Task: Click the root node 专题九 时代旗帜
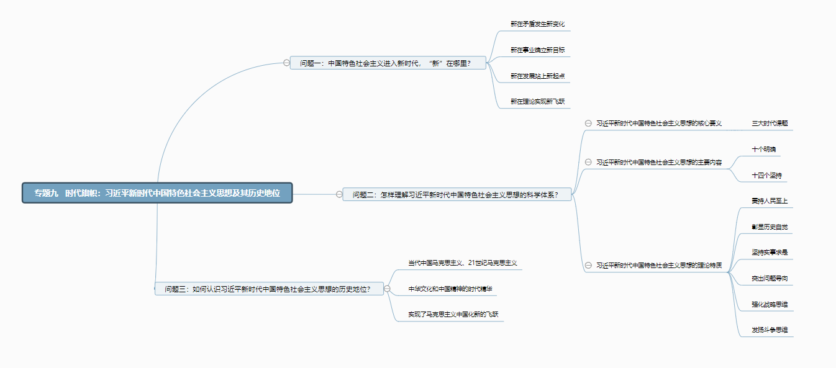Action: click(x=157, y=193)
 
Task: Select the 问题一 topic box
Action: click(x=388, y=63)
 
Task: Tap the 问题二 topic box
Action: click(x=457, y=195)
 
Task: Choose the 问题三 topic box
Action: click(x=268, y=289)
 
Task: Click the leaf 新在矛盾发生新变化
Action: click(x=537, y=24)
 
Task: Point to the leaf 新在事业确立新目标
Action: click(x=537, y=50)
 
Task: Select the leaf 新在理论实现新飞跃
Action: click(x=537, y=101)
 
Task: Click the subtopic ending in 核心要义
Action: click(x=658, y=123)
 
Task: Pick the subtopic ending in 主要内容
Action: click(x=658, y=163)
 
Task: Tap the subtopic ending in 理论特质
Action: click(x=658, y=266)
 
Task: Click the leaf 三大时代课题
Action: click(x=770, y=123)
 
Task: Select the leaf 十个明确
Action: click(x=763, y=150)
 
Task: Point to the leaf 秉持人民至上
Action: click(x=769, y=201)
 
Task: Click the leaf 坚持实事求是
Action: click(x=769, y=253)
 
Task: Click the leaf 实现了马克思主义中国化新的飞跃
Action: click(x=452, y=315)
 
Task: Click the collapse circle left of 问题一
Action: click(x=286, y=63)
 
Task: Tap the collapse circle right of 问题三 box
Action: click(x=387, y=289)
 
